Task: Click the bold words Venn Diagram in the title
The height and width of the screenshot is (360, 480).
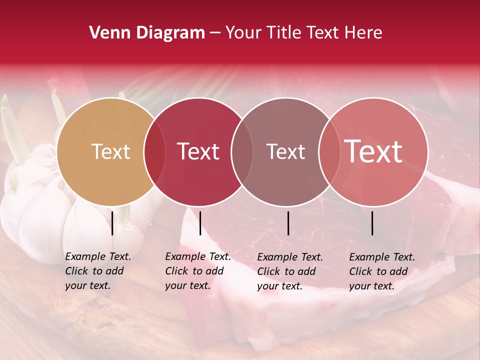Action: (147, 33)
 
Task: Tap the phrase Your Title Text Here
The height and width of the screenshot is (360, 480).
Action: (303, 33)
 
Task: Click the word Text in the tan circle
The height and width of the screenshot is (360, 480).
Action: (110, 151)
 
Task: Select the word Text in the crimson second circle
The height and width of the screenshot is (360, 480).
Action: (198, 151)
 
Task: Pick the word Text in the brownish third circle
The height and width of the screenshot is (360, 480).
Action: (286, 151)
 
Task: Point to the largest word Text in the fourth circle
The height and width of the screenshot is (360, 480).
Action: (373, 151)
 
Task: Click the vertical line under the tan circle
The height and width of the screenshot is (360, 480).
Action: (112, 223)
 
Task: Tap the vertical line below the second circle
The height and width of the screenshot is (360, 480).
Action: (200, 223)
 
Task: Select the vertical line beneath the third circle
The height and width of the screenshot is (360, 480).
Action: (288, 223)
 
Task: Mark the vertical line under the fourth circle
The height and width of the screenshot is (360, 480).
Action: (372, 223)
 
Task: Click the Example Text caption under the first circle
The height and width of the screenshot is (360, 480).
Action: (98, 271)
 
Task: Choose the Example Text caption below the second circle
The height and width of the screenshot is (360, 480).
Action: (198, 271)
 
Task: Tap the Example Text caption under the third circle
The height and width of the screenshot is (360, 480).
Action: (290, 271)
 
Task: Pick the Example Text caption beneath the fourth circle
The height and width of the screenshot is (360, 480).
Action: (382, 271)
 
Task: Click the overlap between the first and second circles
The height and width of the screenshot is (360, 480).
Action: (155, 152)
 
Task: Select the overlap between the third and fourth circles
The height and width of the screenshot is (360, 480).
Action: (328, 152)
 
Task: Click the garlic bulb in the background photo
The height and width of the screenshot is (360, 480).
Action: (40, 210)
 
